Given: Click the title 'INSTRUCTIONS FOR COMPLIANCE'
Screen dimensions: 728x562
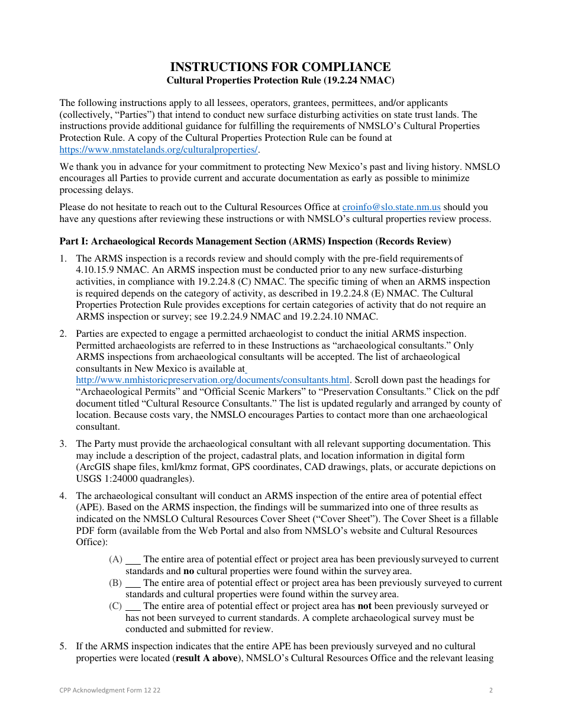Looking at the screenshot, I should point(280,67).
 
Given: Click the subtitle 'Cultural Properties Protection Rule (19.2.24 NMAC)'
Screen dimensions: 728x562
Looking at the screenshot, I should point(280,80).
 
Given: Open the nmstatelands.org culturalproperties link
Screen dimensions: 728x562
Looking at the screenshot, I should point(159,149).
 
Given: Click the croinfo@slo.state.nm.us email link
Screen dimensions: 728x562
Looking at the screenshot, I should point(391,207).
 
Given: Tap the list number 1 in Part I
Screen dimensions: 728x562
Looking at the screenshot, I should point(63,258).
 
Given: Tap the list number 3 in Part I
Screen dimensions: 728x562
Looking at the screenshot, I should point(63,444).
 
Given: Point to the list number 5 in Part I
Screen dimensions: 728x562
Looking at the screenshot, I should point(63,646).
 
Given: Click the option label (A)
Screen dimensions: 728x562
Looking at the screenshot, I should point(115,559).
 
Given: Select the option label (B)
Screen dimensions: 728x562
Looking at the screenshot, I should point(115,583).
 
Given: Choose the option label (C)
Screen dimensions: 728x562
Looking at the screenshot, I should point(115,606).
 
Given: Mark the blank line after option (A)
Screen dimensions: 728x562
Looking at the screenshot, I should point(134,561).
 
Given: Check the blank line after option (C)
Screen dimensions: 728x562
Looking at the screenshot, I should point(134,608).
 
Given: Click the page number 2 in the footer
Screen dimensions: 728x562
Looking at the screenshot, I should point(491,690).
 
